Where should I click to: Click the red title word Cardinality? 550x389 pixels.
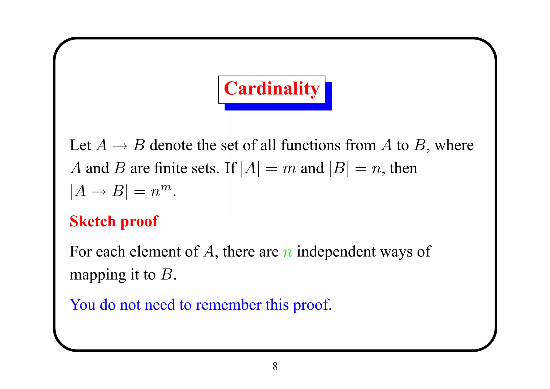pyautogui.click(x=272, y=89)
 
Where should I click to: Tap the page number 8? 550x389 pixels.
pyautogui.click(x=275, y=366)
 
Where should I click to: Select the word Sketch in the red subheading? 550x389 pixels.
pyautogui.click(x=92, y=221)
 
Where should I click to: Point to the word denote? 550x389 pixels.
pyautogui.click(x=171, y=145)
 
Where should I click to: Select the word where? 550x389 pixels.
pyautogui.click(x=454, y=145)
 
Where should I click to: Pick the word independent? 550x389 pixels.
pyautogui.click(x=336, y=252)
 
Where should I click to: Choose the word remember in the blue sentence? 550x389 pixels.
pyautogui.click(x=228, y=305)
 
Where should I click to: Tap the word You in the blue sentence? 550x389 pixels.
pyautogui.click(x=82, y=305)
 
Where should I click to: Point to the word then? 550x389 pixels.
pyautogui.click(x=403, y=169)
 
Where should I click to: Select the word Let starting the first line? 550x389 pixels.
pyautogui.click(x=80, y=145)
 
